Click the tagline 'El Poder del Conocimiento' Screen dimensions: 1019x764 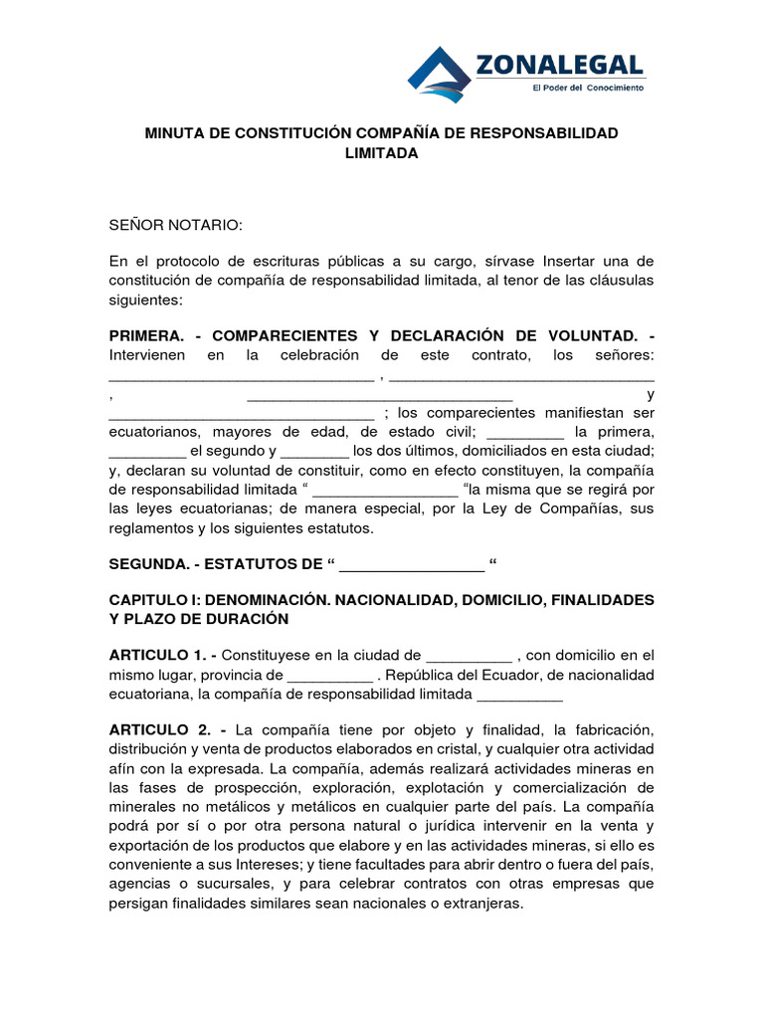(588, 88)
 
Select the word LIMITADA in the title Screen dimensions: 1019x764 (381, 153)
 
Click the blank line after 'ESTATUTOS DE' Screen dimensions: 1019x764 (412, 566)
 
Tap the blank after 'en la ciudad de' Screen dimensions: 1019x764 (469, 657)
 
